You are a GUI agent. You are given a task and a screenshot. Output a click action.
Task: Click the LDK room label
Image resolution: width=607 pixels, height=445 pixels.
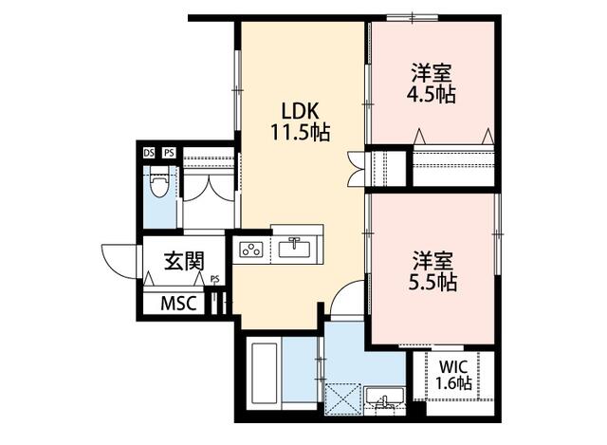point(300,112)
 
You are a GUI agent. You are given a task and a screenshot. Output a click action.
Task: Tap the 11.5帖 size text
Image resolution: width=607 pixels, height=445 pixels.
point(300,133)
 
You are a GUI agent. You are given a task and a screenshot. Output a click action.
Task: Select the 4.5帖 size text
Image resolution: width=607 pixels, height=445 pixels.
point(432,94)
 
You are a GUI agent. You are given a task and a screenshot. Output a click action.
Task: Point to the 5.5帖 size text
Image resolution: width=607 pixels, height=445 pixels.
point(432,283)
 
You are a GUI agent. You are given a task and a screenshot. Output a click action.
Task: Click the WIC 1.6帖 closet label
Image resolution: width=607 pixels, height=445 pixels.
point(453,376)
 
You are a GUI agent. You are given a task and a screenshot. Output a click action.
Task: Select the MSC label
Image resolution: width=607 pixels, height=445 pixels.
point(179,304)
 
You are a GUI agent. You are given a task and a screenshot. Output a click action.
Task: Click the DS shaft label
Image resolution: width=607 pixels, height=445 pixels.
point(149,153)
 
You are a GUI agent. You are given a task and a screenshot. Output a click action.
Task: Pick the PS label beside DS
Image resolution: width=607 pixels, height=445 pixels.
point(169,153)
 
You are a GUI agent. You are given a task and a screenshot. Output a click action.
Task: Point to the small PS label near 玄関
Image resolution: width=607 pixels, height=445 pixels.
point(215,278)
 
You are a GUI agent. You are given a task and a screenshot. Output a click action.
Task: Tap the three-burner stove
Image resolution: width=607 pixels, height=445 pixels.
point(250,249)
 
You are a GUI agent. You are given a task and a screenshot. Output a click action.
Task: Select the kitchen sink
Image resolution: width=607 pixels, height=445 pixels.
point(294,248)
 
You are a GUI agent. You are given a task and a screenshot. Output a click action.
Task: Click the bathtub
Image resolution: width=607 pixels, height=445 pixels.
point(265,373)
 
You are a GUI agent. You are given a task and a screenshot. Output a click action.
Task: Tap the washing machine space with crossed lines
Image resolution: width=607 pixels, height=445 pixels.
point(342,399)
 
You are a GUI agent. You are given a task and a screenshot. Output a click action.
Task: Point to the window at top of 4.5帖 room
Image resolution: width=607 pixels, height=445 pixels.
point(413,17)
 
